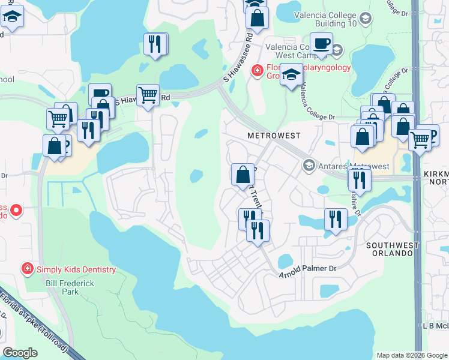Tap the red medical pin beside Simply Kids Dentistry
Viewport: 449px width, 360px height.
click(x=27, y=268)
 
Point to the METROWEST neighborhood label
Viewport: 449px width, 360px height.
click(x=274, y=136)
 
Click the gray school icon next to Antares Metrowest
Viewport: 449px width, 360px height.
click(x=309, y=165)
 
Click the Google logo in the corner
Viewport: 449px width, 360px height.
click(x=20, y=353)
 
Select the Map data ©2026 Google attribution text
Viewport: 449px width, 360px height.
click(x=411, y=355)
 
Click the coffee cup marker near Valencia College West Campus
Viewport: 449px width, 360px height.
click(x=321, y=44)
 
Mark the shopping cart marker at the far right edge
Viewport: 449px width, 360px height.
click(x=420, y=139)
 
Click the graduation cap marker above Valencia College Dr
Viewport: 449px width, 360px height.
click(x=291, y=75)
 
